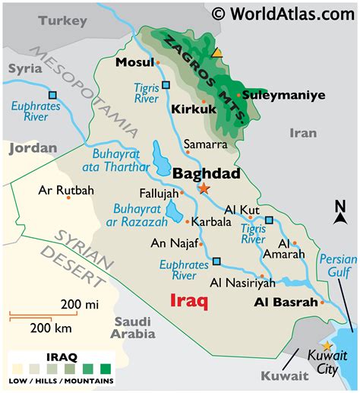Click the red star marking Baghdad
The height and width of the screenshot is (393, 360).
click(204, 187)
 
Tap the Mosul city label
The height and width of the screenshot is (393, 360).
click(134, 62)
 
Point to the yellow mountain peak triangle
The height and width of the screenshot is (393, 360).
click(217, 52)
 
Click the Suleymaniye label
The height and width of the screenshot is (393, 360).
click(283, 95)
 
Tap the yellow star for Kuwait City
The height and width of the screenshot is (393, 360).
click(327, 346)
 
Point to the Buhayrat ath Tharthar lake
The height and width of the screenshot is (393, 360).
click(162, 157)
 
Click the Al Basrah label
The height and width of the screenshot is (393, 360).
click(285, 302)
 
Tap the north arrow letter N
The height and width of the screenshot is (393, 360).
click(340, 205)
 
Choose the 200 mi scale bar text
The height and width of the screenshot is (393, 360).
click(81, 305)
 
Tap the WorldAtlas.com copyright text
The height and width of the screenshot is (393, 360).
click(283, 12)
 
